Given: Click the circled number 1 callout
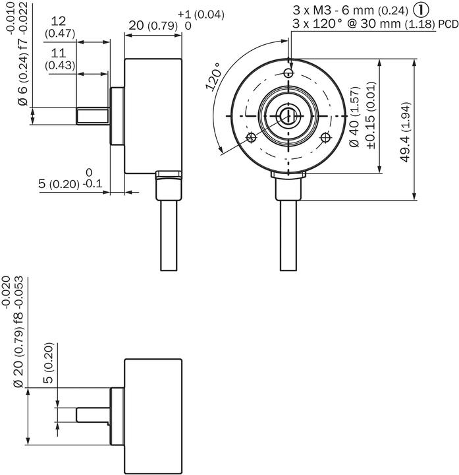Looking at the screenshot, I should (423, 11).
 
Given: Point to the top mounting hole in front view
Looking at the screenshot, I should (288, 71).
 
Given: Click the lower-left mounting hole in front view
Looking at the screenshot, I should (250, 137).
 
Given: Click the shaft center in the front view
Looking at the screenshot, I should (288, 116).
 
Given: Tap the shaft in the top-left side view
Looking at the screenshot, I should (92, 116).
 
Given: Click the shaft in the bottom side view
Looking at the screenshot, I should (92, 416).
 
